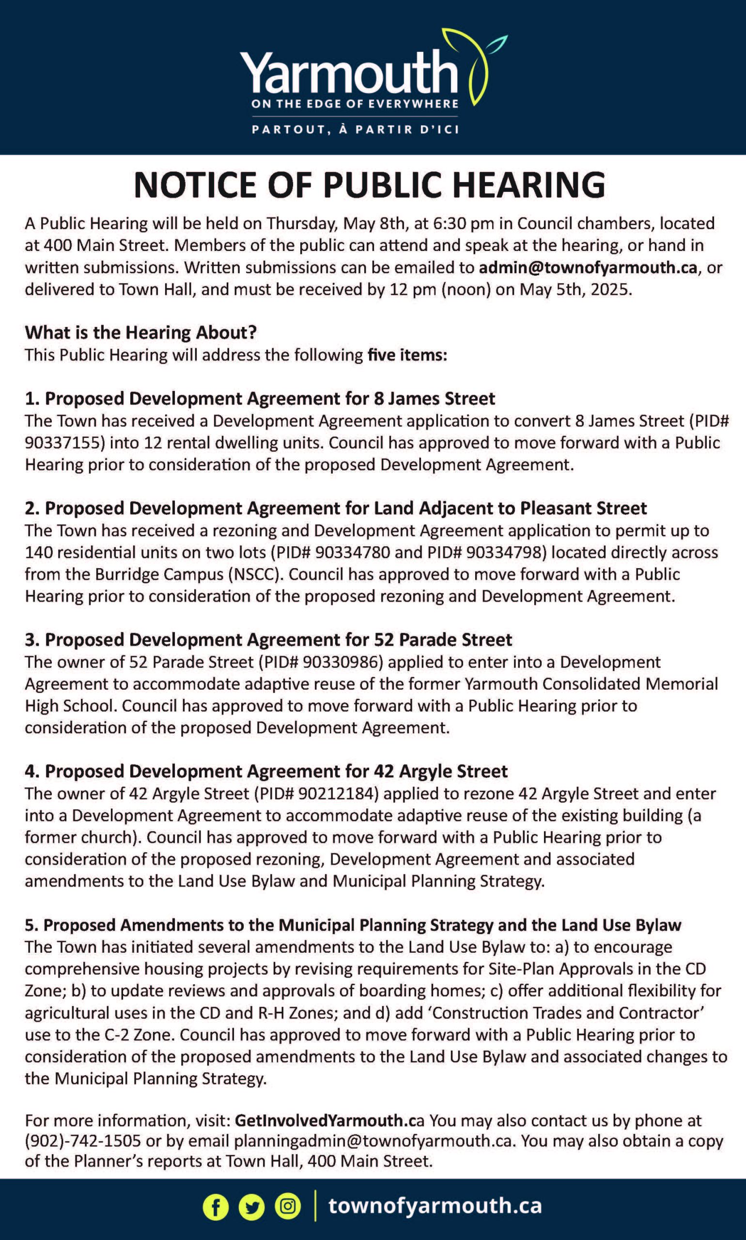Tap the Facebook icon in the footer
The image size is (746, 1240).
215,1206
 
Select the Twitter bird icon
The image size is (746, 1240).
251,1206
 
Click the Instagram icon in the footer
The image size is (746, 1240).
288,1206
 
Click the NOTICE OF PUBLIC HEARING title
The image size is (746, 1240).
370,185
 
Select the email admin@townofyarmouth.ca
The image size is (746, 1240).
588,267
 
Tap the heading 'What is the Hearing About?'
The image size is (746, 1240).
141,332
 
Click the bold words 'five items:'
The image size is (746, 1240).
407,355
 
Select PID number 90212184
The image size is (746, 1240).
336,793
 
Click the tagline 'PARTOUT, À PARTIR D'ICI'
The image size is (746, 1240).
355,129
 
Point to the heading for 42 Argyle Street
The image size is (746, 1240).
266,771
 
